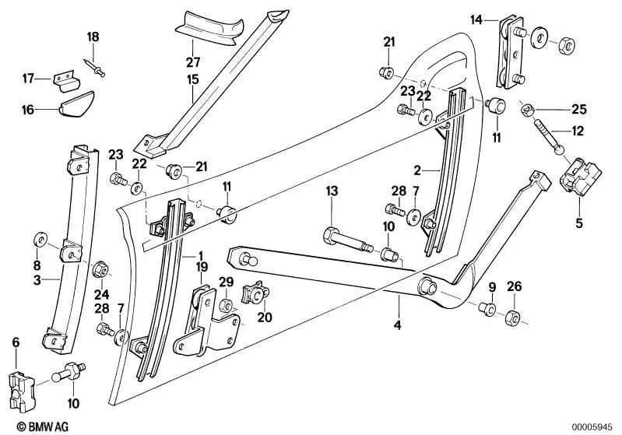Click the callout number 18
pos(93,37)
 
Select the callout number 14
pos(476,18)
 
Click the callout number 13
pos(332,191)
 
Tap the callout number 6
pos(16,342)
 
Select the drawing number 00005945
pos(594,425)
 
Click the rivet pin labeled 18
pos(100,68)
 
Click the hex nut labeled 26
pos(513,317)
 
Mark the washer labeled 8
pos(38,237)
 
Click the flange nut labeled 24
pos(100,270)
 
